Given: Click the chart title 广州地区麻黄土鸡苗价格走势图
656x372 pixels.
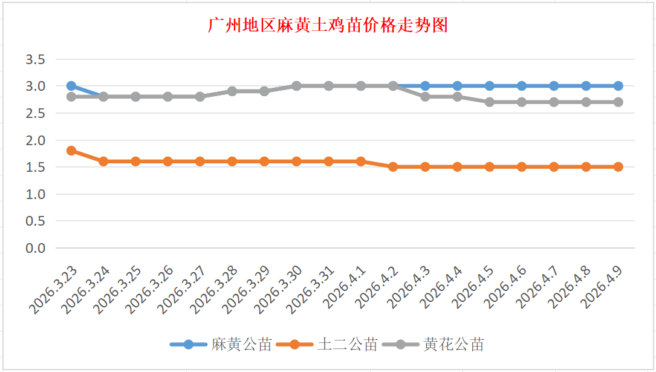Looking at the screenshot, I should [x=328, y=25].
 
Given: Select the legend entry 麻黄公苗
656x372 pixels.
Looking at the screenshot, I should [x=241, y=345].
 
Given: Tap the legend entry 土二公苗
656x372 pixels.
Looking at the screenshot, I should [x=347, y=345].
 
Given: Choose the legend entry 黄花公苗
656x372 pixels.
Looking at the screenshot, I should [x=453, y=345].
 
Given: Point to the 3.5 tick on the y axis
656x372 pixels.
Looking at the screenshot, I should [x=36, y=59].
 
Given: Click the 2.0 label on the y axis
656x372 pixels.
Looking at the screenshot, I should [x=36, y=140].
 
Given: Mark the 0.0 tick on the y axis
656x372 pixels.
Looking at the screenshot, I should [x=36, y=248].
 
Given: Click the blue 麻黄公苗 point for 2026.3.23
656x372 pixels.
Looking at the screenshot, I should [x=71, y=86].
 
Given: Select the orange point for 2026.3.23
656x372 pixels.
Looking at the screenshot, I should [x=71, y=151].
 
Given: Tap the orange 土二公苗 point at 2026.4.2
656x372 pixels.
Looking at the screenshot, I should [x=393, y=167].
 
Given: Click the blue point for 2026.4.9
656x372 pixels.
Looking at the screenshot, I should [x=619, y=86].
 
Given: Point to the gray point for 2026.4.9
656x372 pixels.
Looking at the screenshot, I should [x=619, y=102].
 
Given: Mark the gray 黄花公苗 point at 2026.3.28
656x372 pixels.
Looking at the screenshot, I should [x=232, y=91].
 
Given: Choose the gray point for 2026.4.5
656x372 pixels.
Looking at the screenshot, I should [x=490, y=102].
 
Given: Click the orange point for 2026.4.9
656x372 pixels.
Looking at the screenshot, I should [x=619, y=167].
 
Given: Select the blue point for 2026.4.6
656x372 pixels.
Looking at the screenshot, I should [x=522, y=86].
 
